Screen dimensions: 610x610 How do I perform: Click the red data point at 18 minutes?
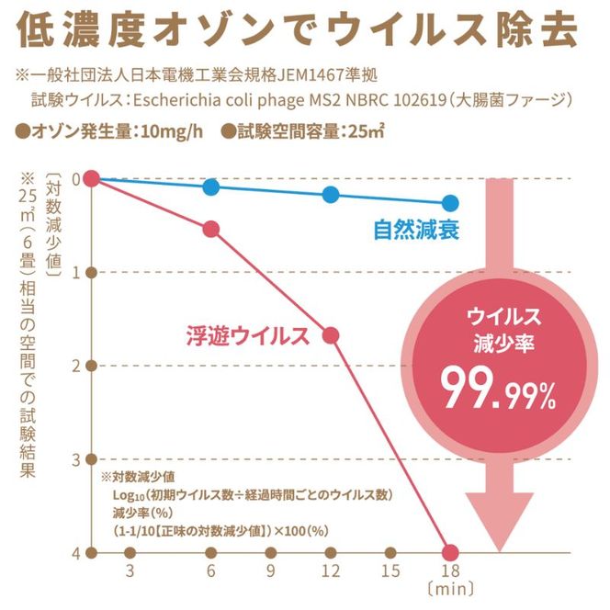click(450, 552)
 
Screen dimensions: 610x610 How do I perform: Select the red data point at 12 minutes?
click(331, 335)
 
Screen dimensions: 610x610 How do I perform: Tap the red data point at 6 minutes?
click(211, 229)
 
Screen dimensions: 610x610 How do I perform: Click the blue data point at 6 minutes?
click(211, 187)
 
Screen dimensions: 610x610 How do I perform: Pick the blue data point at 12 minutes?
click(331, 195)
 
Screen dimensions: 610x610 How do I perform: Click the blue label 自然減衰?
click(415, 229)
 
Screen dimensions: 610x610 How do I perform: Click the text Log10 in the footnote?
click(130, 494)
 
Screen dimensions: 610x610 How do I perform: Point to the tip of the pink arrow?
click(499, 548)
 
